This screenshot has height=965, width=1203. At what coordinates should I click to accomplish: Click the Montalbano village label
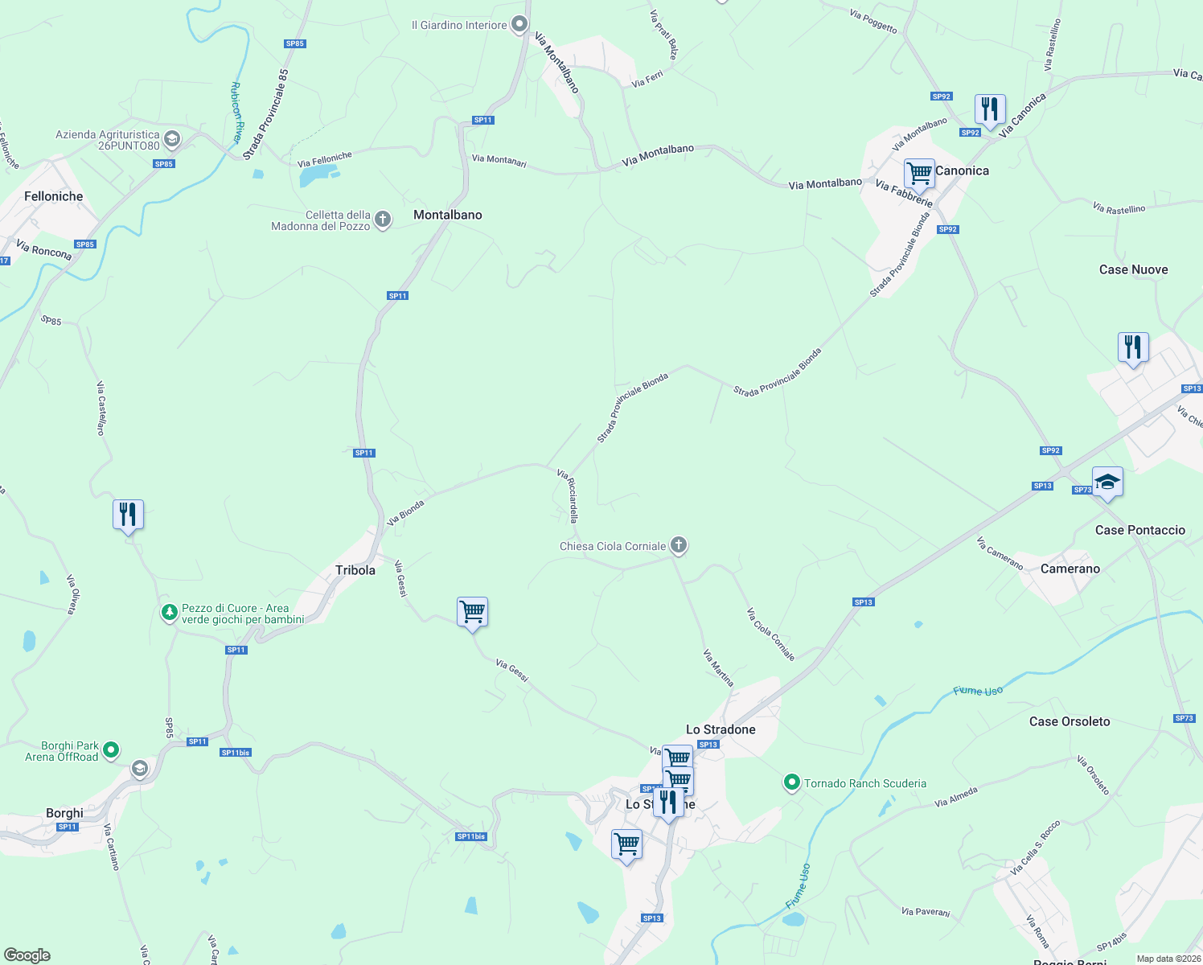[x=448, y=215]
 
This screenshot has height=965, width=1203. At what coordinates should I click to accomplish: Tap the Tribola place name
[x=355, y=570]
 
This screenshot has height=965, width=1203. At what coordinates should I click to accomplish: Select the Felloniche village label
[x=54, y=196]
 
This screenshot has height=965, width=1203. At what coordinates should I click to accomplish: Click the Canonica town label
[x=962, y=170]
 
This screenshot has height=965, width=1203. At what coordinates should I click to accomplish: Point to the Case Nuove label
[x=1133, y=269]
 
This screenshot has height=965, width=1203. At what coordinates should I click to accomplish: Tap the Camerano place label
[x=1070, y=569]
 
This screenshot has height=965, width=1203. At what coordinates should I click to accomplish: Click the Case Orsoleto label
[x=1070, y=721]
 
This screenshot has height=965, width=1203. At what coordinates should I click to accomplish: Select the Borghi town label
[x=64, y=813]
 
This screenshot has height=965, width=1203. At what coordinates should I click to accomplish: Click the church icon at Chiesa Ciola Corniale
[x=679, y=546]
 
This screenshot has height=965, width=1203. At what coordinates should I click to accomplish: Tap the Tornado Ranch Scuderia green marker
[x=792, y=782]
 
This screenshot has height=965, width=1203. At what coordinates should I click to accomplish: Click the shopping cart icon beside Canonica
[x=919, y=172]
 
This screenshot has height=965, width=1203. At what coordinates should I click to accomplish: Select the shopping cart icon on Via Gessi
[x=472, y=611]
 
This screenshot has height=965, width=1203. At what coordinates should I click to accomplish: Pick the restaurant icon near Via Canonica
[x=990, y=109]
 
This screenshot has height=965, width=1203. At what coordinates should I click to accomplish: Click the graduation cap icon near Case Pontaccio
[x=1107, y=482]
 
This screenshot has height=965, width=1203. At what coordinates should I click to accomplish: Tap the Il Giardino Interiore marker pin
[x=520, y=24]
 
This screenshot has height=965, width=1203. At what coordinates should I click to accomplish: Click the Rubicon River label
[x=236, y=112]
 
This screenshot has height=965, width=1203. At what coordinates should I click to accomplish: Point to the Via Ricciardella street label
[x=568, y=496]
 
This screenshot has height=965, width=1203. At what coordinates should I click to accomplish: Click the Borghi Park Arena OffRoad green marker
[x=111, y=750]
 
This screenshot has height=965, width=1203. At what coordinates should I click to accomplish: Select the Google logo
[x=27, y=955]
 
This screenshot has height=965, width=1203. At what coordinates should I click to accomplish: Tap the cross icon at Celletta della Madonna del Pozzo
[x=384, y=219]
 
